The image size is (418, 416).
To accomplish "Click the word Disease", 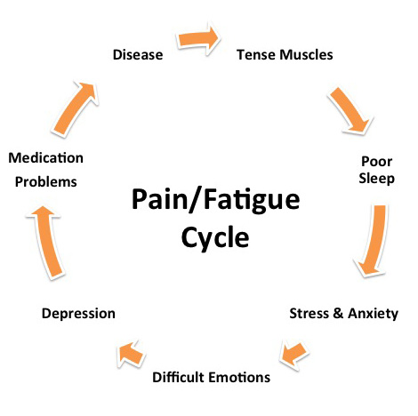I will (138, 56).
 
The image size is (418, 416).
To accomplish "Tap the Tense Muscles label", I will (285, 55).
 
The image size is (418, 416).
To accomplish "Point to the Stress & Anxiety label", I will (344, 314).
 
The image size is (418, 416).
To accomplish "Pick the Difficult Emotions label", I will (211, 377).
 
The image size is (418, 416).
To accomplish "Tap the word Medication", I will (45, 158).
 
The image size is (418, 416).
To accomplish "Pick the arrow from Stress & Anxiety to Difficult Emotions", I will (295, 354).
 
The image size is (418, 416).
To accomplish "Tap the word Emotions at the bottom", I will (239, 377).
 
